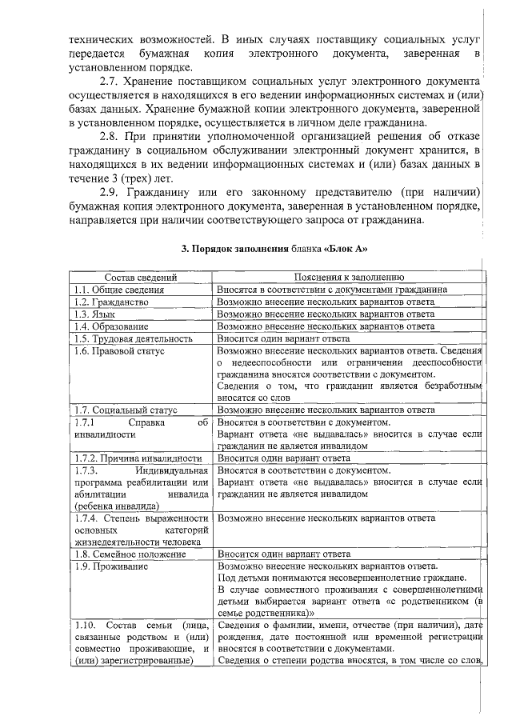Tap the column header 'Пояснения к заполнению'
[350, 277]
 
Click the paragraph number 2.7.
[110, 82]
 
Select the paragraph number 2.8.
[110, 136]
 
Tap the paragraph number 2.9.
[110, 192]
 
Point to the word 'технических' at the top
[99, 38]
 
